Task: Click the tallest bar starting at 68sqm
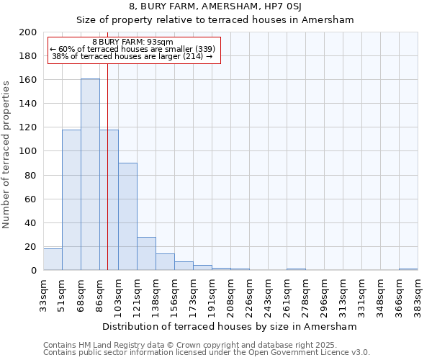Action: pyautogui.click(x=90, y=174)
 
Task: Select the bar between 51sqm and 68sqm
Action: pyautogui.click(x=71, y=199)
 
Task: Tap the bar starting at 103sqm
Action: pyautogui.click(x=127, y=216)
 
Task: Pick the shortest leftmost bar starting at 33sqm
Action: pyautogui.click(x=53, y=259)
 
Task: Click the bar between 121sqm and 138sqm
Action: pyautogui.click(x=146, y=253)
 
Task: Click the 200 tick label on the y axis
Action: pyautogui.click(x=27, y=32)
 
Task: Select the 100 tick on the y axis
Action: pyautogui.click(x=27, y=151)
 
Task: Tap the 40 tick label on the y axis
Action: pyautogui.click(x=30, y=222)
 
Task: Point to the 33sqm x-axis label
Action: pyautogui.click(x=43, y=293)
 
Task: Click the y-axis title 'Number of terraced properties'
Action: pyautogui.click(x=6, y=154)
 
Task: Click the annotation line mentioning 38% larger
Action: pyautogui.click(x=132, y=56)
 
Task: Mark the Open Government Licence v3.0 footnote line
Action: pyautogui.click(x=207, y=352)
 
